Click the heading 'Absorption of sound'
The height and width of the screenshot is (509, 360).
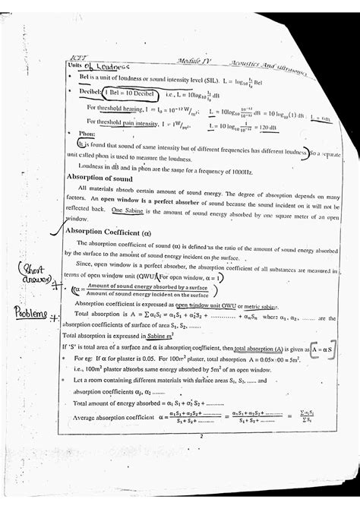coord(99,175)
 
